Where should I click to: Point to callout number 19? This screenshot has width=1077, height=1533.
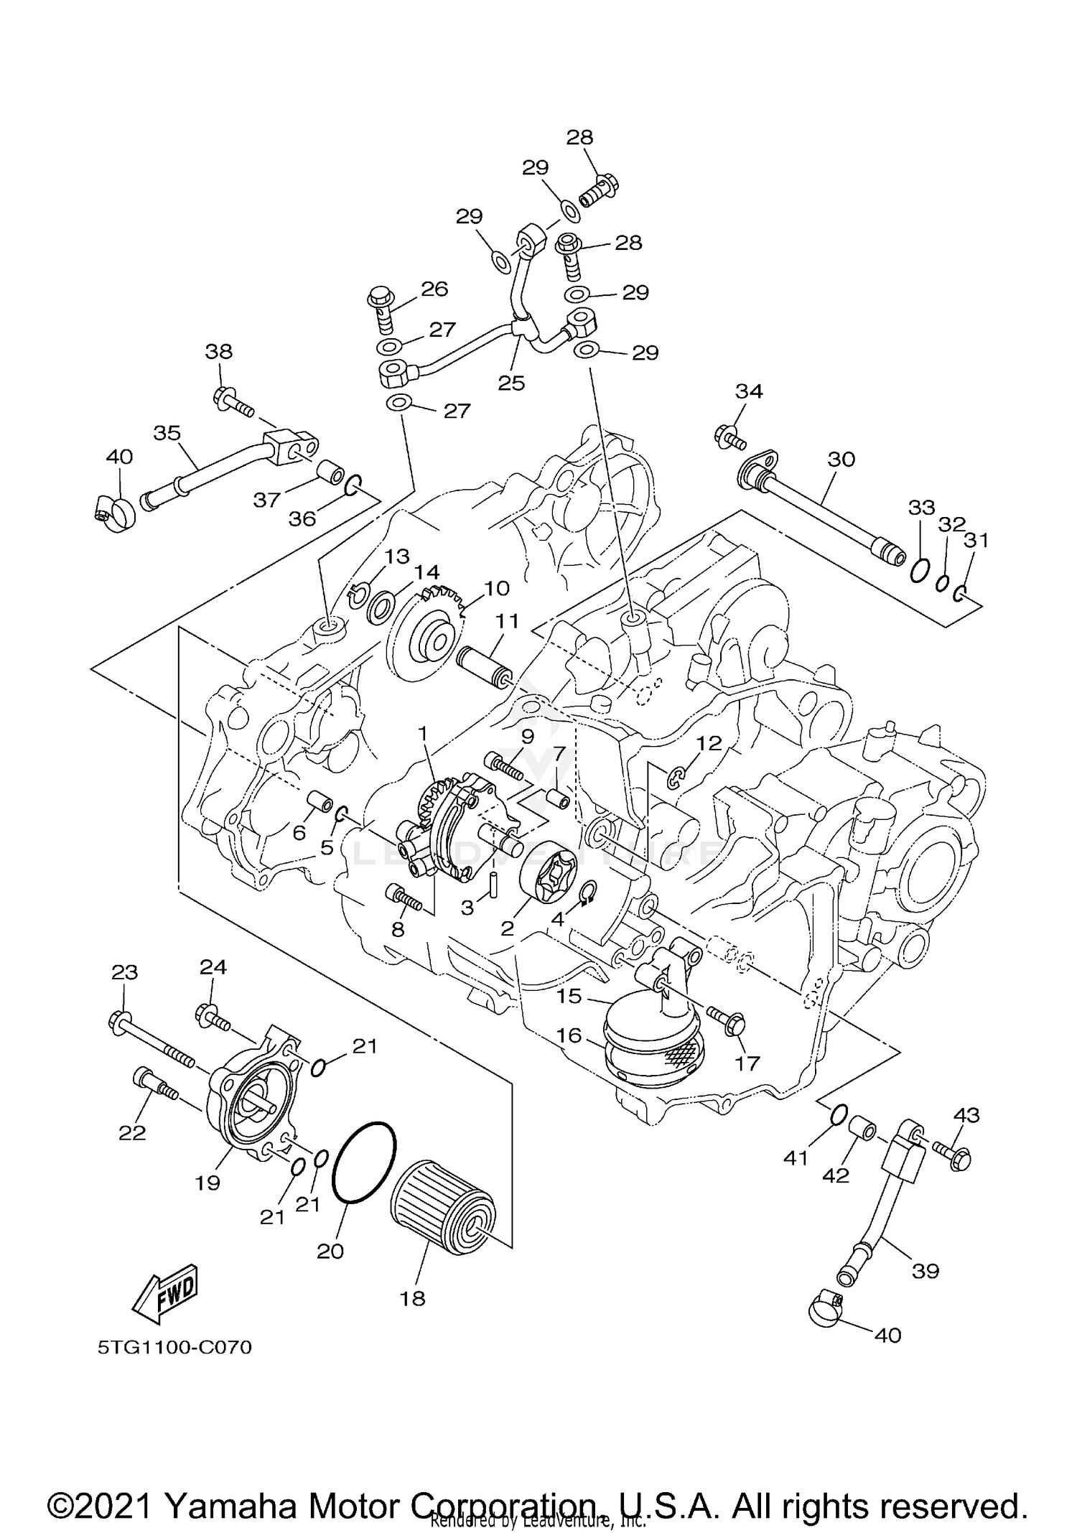(x=208, y=1183)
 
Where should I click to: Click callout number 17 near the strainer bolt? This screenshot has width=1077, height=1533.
(x=747, y=1063)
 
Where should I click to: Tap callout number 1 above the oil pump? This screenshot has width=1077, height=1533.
(x=423, y=733)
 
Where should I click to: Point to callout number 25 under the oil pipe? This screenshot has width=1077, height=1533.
(x=511, y=383)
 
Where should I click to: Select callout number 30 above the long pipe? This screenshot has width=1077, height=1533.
(x=841, y=458)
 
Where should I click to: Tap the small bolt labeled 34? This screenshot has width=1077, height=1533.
(x=728, y=436)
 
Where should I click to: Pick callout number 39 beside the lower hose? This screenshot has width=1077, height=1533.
(x=925, y=1270)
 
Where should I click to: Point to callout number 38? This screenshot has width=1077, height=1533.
(x=219, y=352)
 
